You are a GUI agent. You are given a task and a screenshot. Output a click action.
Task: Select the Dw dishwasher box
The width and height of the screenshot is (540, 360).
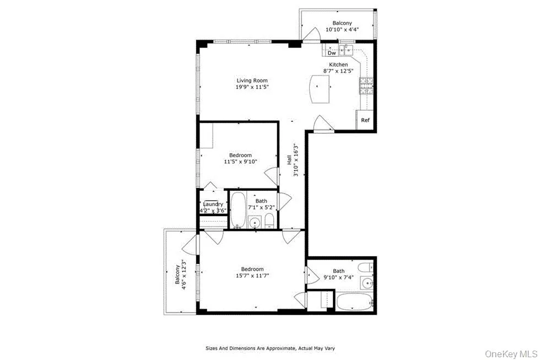coord(331,53)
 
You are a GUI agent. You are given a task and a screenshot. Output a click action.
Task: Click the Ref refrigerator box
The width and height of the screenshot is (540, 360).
coord(365,120)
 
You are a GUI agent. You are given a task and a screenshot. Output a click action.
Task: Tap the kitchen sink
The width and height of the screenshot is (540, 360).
coord(348,51)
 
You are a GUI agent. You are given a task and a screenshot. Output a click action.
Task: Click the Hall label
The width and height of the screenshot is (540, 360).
coord(289,160)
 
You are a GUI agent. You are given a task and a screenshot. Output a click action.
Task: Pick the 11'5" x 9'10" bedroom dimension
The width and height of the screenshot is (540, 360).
coord(241,162)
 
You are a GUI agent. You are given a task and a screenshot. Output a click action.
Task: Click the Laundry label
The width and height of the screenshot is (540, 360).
coord(213,205)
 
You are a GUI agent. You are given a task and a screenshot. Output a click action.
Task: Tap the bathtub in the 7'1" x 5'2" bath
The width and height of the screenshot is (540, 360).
coord(237,210)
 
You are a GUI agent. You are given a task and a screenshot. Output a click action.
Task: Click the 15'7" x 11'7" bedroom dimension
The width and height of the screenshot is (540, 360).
coord(251,276)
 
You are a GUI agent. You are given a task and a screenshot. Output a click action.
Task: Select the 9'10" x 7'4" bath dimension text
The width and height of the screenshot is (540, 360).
coord(338,277)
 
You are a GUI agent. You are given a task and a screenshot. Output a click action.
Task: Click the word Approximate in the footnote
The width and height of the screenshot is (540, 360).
coord(277,348)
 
